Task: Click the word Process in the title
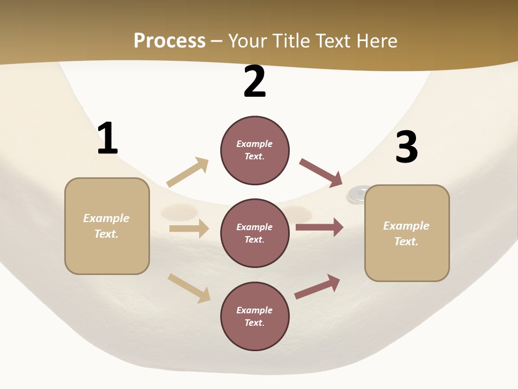pos(169,41)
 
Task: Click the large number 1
pos(108,138)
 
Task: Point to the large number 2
pos(255,81)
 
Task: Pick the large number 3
pos(407,146)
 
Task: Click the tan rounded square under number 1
pos(107,226)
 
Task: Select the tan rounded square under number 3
pos(407,233)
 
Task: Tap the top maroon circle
pos(255,150)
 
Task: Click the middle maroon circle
pos(255,233)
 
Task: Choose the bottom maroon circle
pos(255,316)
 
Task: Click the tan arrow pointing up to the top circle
pos(188,172)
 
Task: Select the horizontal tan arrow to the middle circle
pos(189,228)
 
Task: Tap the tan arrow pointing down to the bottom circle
pos(189,289)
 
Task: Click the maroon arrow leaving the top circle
pos(321,173)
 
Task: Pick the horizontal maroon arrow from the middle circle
pos(319,227)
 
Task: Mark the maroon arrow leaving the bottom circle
pos(317,287)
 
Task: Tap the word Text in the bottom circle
pos(254,323)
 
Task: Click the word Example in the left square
pos(106,218)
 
